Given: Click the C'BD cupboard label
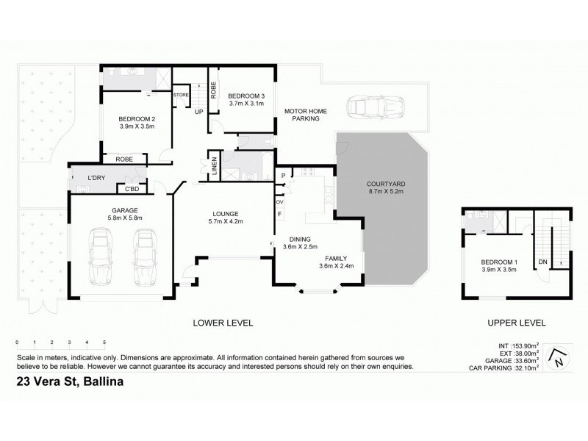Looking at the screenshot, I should coord(132,190).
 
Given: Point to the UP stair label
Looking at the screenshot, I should coord(199,112).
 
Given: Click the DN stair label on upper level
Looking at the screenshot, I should coord(542,262).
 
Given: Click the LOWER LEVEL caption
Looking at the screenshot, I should coord(223,323).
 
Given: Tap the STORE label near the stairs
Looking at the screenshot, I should coord(181,95).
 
